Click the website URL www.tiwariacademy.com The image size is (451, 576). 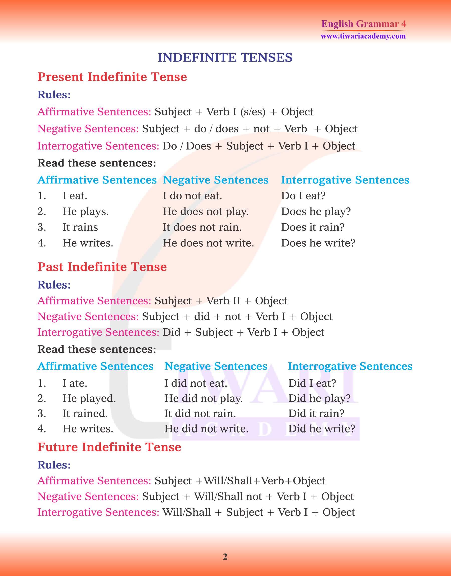363,36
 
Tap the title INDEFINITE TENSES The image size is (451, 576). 225,58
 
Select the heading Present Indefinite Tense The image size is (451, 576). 112,77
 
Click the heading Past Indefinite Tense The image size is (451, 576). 102,267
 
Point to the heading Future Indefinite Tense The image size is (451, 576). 109,447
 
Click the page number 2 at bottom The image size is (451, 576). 225,557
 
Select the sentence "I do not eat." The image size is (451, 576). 192,196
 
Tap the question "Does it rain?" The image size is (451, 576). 313,227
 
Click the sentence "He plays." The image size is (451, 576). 85,212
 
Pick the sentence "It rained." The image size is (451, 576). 85,413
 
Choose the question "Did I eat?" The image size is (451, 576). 312,383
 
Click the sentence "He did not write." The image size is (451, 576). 206,429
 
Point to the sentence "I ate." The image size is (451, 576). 75,383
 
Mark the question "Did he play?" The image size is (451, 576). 319,398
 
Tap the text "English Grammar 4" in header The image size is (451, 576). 364,24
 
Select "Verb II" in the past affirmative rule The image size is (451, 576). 223,301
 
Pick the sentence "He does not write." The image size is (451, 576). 208,243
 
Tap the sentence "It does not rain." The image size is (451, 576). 202,227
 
